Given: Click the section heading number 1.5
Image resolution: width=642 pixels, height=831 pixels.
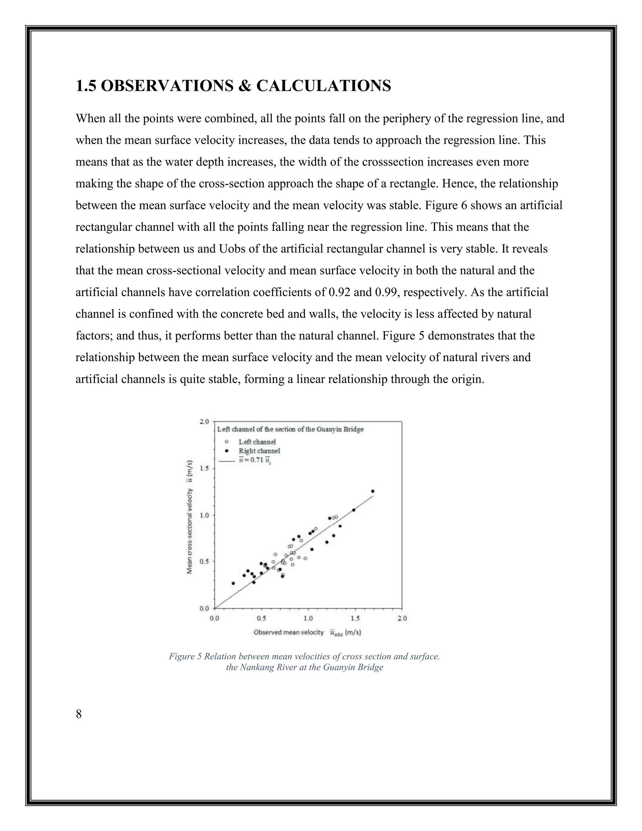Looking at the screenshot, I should click(86, 86).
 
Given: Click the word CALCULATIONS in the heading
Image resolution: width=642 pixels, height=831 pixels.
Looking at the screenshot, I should click(323, 86).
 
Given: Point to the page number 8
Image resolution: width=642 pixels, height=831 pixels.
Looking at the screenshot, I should click(79, 714).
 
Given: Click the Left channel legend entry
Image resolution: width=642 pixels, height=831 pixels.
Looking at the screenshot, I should click(257, 442).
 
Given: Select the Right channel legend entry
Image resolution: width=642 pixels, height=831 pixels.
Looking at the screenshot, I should click(259, 451).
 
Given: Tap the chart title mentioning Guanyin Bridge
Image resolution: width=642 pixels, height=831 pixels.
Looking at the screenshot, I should click(290, 429).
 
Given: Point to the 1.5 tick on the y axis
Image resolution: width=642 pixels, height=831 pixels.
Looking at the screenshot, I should click(205, 468).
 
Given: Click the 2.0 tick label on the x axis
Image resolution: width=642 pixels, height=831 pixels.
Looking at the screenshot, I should click(402, 618).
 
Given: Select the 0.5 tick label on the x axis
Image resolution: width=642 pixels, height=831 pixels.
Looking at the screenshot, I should click(261, 618).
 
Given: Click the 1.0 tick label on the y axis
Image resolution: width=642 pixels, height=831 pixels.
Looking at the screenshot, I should click(205, 515).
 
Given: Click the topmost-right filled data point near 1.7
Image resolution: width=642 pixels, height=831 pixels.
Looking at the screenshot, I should click(373, 491).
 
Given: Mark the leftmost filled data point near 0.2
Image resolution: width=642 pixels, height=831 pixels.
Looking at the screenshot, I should click(233, 583).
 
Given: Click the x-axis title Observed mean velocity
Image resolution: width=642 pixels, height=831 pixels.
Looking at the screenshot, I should click(288, 633).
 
